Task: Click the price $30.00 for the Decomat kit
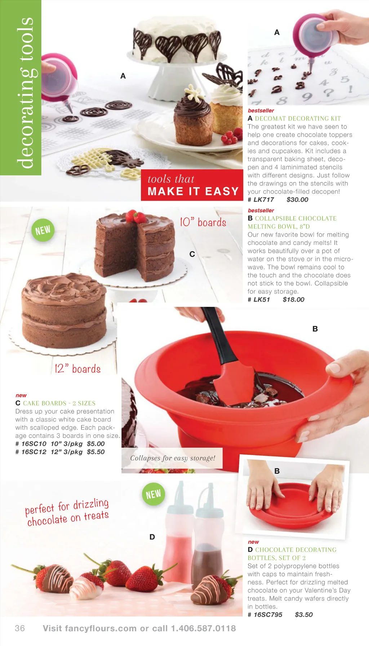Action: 297,200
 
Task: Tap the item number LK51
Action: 262,300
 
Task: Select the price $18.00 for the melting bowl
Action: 293,300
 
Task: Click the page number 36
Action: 20,628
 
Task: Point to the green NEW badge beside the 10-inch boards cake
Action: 43,230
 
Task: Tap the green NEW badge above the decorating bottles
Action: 154,494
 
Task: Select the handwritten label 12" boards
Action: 77,368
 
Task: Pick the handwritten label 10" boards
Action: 203,222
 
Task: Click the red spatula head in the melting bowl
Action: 231,384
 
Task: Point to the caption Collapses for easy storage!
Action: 173,458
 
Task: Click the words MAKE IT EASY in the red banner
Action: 193,191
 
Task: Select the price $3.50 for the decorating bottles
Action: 304,615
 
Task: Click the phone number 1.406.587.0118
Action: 203,628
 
